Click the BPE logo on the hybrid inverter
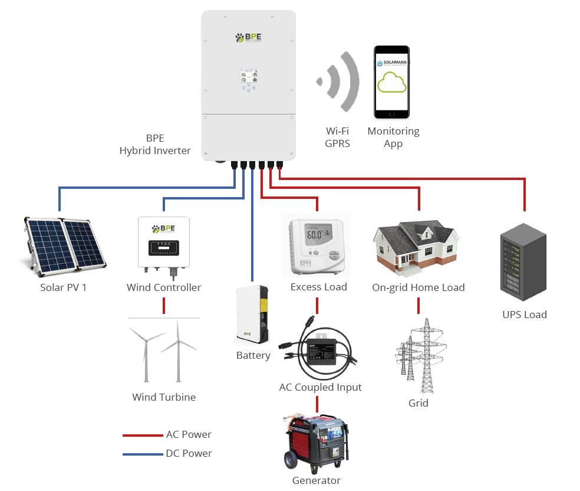coord(248,38)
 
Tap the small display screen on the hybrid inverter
coord(248,78)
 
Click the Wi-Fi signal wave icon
coord(342,81)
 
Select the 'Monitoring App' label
coord(393,137)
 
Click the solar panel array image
coord(64,244)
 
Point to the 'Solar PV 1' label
coord(64,288)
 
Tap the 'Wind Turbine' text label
coord(164,397)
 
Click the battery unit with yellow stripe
coord(252,316)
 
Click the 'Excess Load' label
coord(318,287)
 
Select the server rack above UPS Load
coord(523,266)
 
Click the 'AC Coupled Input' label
coord(320,388)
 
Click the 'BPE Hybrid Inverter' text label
coord(155,145)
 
